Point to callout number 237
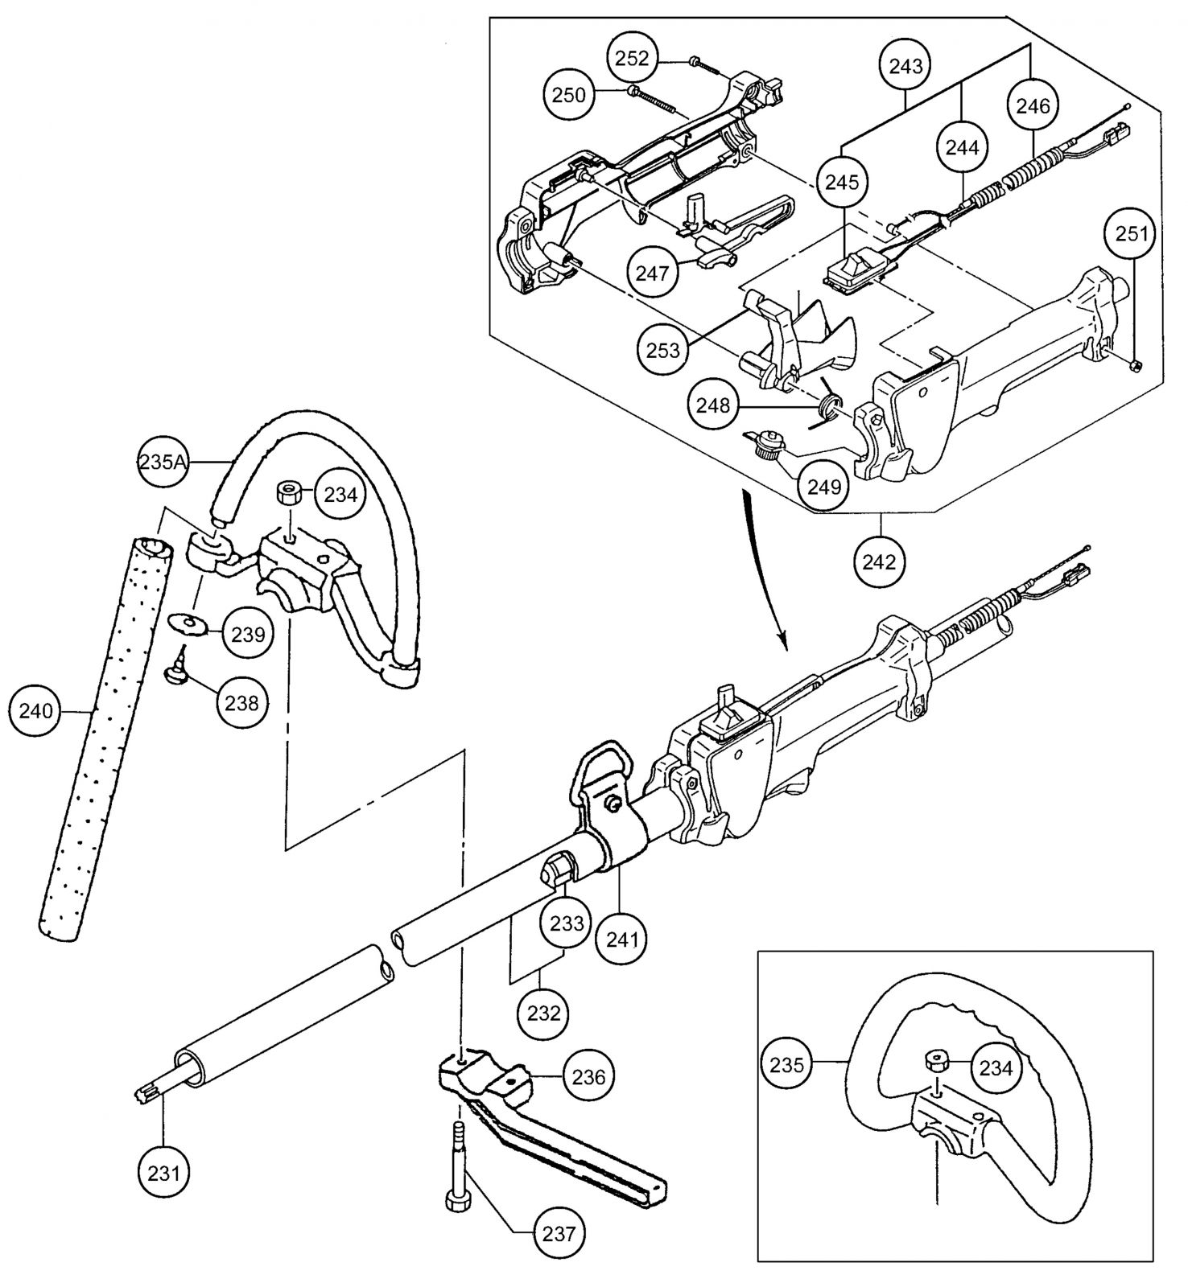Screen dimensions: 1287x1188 tap(559, 1231)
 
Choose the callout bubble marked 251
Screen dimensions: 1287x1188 tap(1135, 234)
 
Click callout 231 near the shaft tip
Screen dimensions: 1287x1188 tap(163, 1172)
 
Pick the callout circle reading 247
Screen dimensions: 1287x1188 tap(652, 273)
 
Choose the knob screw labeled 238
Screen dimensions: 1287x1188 tap(177, 674)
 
